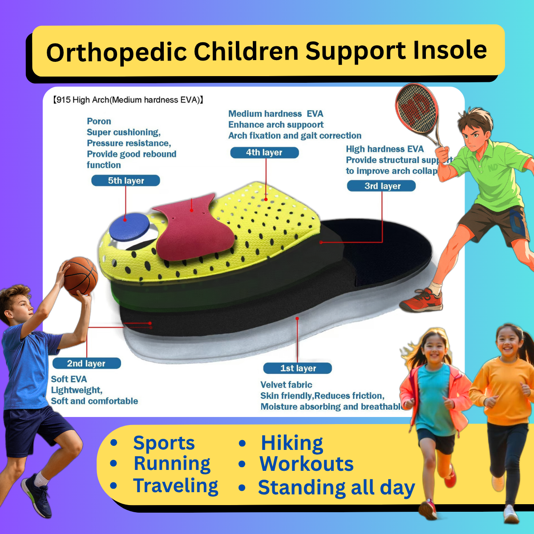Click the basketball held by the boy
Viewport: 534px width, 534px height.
(81, 276)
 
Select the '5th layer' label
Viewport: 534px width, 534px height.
(125, 181)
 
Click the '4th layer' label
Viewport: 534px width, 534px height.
(264, 153)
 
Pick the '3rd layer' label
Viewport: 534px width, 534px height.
(381, 186)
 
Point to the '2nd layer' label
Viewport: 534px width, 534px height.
(87, 364)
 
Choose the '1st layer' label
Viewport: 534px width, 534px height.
(298, 368)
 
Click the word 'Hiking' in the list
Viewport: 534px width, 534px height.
(292, 443)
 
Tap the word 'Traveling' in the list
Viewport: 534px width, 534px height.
(176, 485)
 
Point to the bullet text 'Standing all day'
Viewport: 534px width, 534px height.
(336, 487)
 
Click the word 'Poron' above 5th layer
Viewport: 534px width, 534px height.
(99, 121)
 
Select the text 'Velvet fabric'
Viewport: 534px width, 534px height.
(286, 385)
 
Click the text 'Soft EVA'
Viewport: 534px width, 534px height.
(69, 379)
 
